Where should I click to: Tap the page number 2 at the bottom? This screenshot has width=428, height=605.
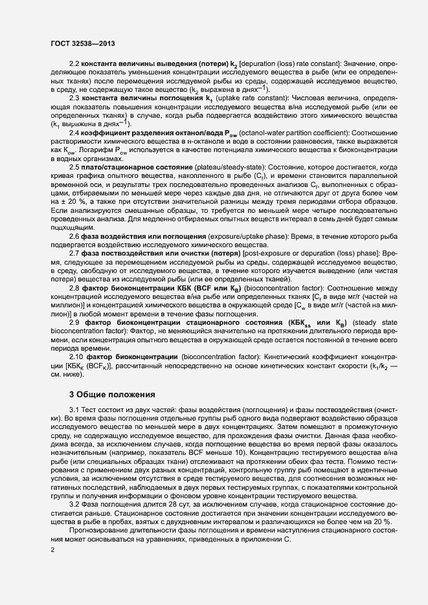[x=52, y=550]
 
